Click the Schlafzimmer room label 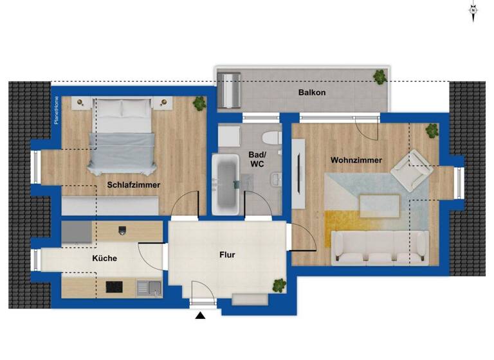[134, 184]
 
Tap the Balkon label [312, 93]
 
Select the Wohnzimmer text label [356, 160]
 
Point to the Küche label [104, 258]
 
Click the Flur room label [227, 255]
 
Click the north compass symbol [473, 11]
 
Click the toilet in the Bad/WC [271, 137]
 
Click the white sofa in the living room [380, 248]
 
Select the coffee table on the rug [380, 205]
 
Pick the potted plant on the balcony [380, 77]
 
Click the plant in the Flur [279, 284]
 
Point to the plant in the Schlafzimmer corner [200, 102]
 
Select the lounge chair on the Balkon [230, 91]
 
